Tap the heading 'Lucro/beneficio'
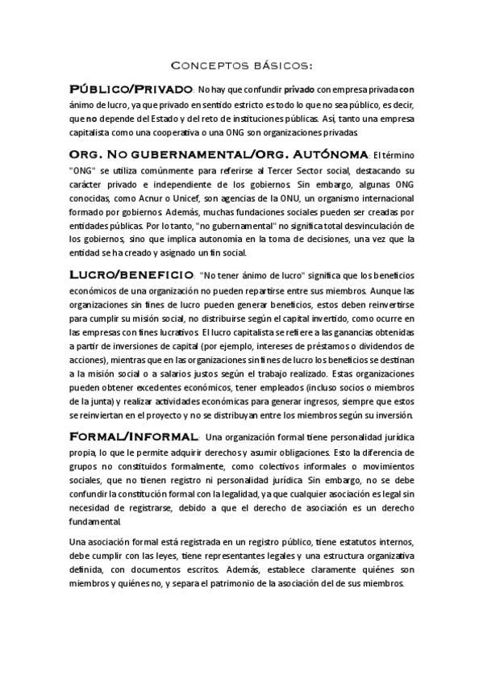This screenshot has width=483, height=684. [131, 275]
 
